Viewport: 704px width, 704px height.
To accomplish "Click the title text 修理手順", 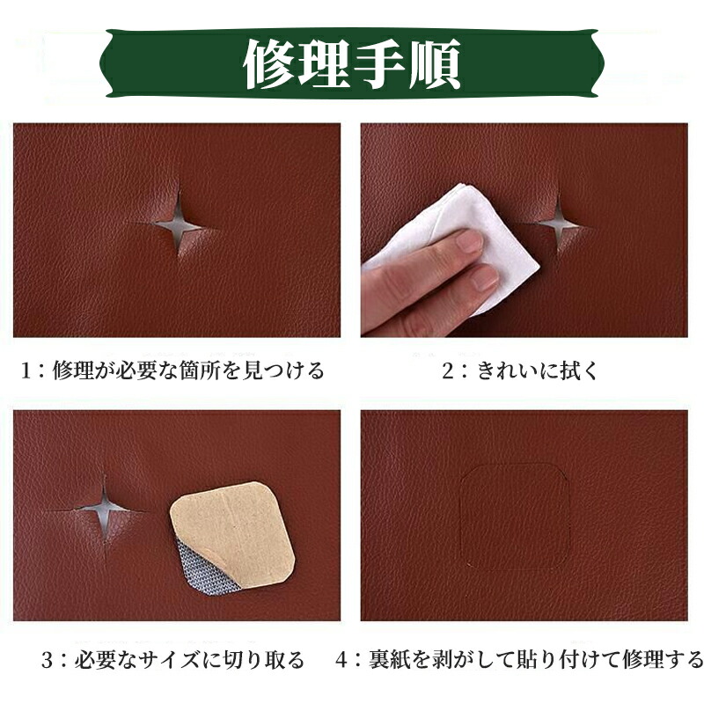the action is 352,64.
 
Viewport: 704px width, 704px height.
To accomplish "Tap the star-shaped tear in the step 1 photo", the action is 178,224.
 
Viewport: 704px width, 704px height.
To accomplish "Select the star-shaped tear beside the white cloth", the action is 558,224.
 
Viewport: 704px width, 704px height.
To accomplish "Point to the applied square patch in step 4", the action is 514,516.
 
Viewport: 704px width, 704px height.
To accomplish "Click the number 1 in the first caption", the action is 26,370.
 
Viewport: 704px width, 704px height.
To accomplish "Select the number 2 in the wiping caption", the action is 448,370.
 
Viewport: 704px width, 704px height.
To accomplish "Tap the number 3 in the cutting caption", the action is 48,660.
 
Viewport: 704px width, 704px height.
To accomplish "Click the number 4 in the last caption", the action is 341,660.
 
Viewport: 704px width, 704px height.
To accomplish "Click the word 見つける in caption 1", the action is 282,370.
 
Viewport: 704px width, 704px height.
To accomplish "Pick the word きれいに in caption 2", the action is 513,370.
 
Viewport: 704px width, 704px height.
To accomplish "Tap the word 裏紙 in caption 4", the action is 390,660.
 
